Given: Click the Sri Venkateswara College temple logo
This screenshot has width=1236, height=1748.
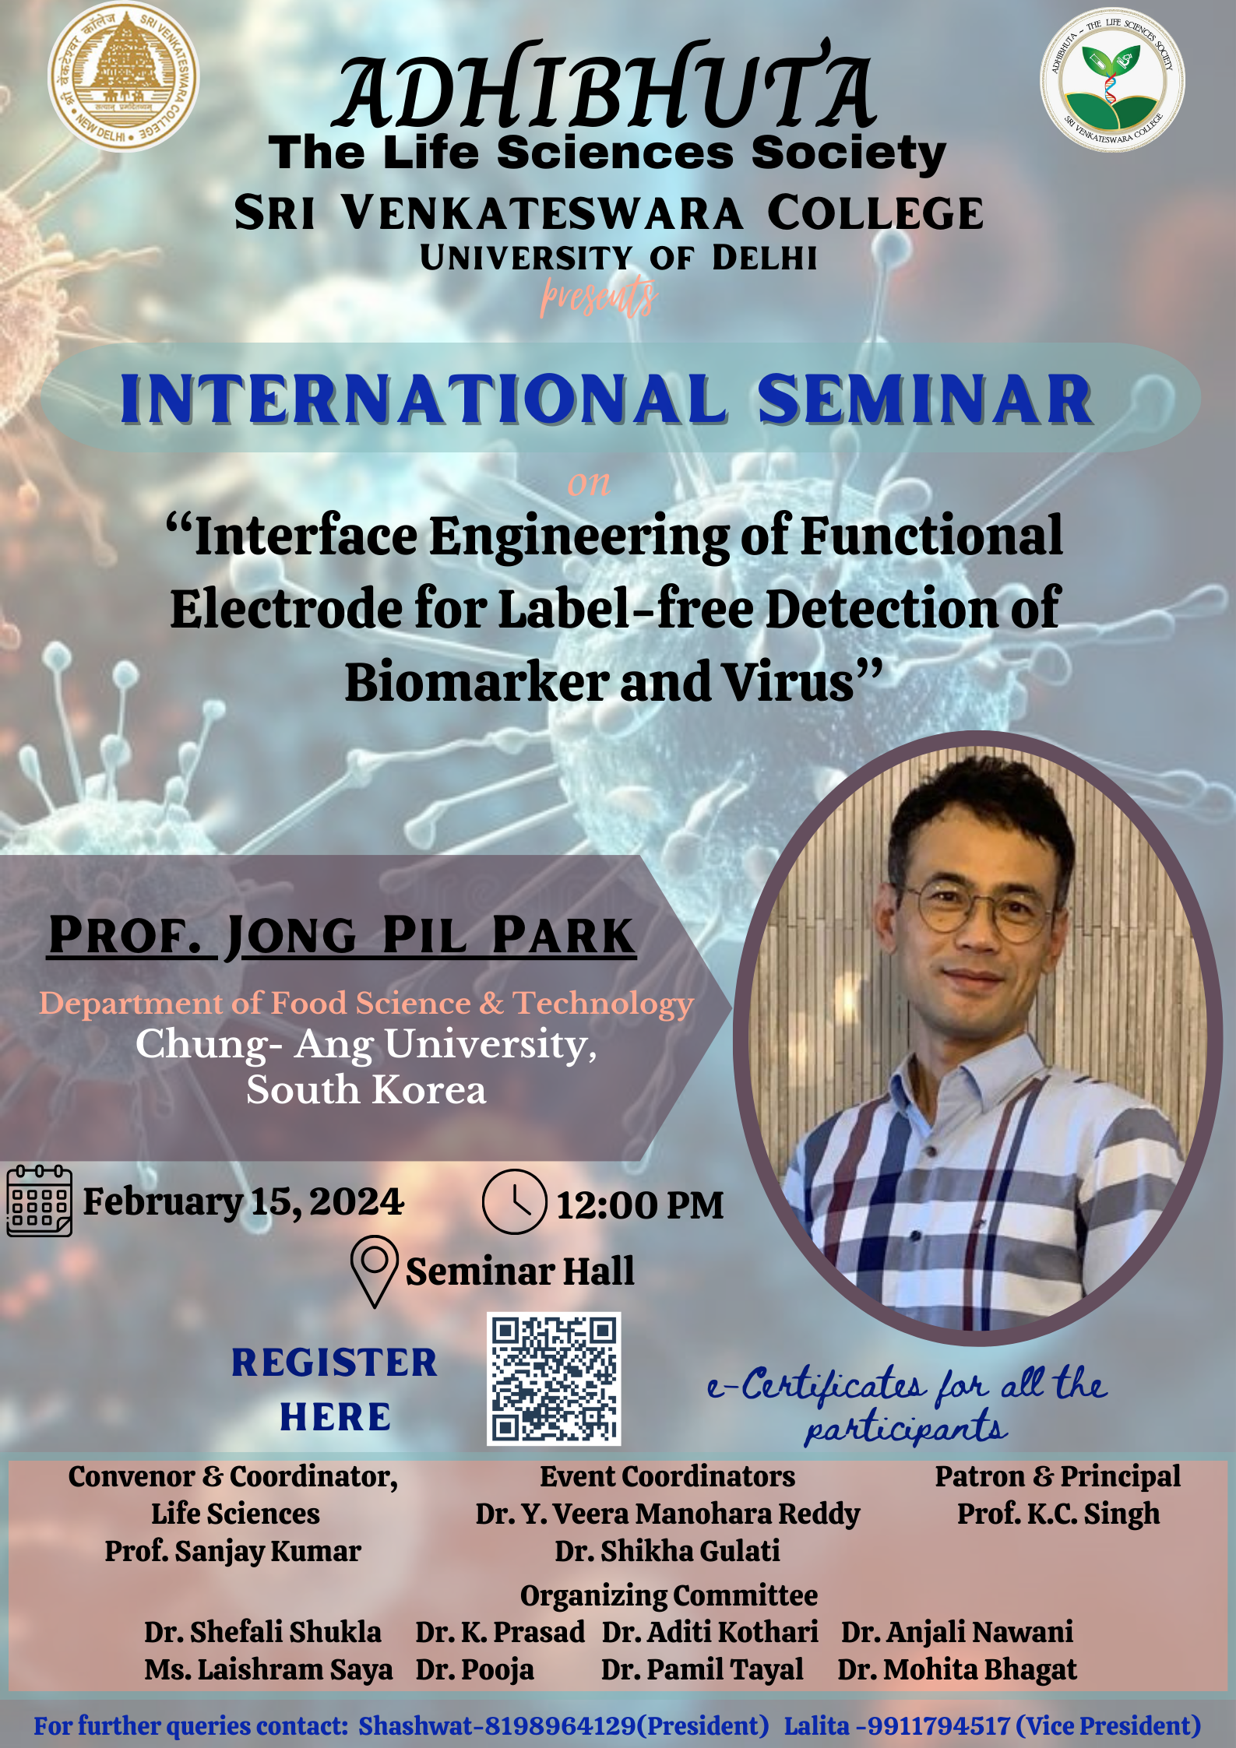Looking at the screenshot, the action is [x=123, y=76].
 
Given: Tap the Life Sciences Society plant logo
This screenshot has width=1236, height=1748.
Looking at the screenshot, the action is [x=1112, y=80].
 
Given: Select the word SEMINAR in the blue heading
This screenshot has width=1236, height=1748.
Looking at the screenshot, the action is [x=925, y=399].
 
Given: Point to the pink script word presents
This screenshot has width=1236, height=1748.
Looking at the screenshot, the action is [x=599, y=297].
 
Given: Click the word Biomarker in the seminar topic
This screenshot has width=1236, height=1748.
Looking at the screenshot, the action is [x=477, y=682].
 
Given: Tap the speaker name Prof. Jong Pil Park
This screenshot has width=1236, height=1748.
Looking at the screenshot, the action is [x=342, y=935].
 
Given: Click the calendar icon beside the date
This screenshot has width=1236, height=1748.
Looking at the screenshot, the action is [x=40, y=1201].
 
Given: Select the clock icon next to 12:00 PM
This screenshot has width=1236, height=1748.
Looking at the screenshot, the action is [x=514, y=1201].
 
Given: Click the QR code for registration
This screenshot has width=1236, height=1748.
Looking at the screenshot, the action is [x=554, y=1379].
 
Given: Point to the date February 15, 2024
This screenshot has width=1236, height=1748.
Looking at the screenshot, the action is [x=244, y=1201].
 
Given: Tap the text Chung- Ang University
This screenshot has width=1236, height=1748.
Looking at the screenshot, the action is [x=366, y=1044].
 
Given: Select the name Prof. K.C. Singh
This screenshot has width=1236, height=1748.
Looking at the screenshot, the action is [x=1058, y=1514].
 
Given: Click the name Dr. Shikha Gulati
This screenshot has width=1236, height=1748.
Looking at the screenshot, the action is [x=667, y=1551].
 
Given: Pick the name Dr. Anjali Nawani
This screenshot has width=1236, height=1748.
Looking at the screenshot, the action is [x=957, y=1632].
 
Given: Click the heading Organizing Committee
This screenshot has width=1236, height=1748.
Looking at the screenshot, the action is [x=669, y=1595].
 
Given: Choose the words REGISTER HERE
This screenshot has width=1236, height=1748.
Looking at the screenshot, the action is [x=335, y=1389].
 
